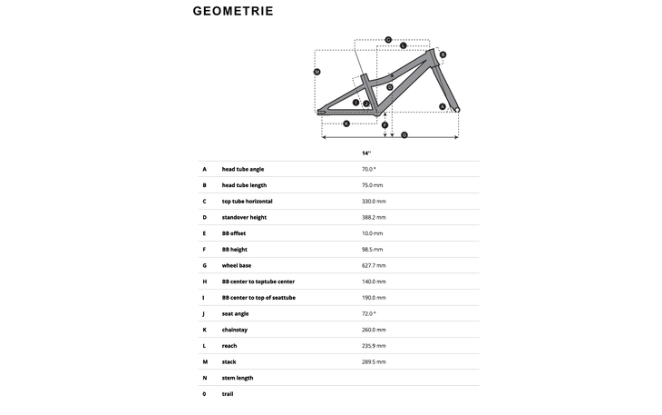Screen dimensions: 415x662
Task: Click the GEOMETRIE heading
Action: coord(233,12)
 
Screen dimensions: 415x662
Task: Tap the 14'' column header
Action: coord(366,153)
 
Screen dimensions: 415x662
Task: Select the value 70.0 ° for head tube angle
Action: coord(368,169)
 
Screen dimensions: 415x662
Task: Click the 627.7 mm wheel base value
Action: coord(374,265)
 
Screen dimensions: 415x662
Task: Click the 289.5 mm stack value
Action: coord(374,361)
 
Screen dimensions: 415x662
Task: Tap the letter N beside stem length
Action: coord(205,378)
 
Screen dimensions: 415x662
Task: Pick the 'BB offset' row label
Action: coord(234,233)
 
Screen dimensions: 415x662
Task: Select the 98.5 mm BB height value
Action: coord(372,249)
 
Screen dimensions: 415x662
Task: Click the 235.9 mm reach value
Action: coord(374,346)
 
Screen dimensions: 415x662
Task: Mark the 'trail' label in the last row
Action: coord(228,394)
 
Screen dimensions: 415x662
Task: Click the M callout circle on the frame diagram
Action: coord(316,72)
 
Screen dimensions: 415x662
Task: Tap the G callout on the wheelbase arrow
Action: coord(404,135)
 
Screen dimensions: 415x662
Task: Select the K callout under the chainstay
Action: coord(346,124)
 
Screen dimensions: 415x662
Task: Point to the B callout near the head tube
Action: coord(443,54)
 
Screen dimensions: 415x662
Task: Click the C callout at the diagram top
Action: coord(388,39)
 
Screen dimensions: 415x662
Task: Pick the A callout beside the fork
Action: coord(443,106)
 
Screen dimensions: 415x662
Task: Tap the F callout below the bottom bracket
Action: coord(385,124)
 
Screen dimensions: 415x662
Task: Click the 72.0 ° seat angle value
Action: coord(368,313)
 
